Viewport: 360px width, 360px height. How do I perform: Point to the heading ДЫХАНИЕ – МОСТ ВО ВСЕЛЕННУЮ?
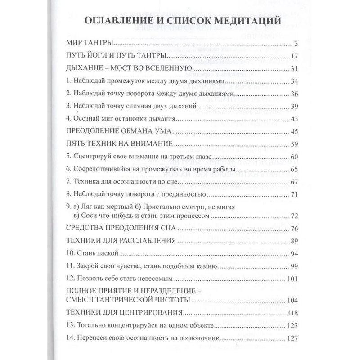129,69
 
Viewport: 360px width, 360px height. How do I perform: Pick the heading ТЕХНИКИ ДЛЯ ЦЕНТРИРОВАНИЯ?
123,312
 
